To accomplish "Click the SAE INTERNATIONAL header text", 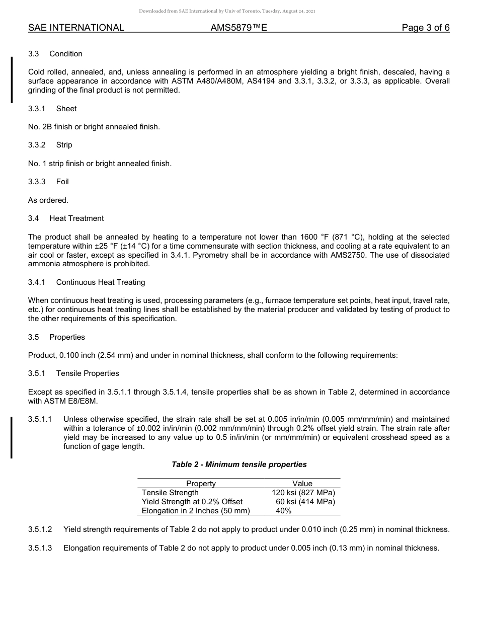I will pos(76,28).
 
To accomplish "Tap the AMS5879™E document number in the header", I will pos(238,28).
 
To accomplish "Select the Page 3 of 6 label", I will pos(425,28).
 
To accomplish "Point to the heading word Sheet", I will pos(66,109).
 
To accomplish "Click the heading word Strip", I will pos(64,145).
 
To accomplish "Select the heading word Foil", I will pos(62,182).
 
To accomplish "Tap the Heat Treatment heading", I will pos(76,218).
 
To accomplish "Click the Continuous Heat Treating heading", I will pos(101,282).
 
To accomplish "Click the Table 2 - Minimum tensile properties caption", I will pos(239,465).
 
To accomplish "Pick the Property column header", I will pos(201,484).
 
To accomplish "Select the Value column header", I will pos(302,484).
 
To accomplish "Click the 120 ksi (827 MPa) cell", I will pos(303,493).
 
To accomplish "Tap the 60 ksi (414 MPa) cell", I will pos(305,502).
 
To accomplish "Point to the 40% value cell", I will pos(284,511).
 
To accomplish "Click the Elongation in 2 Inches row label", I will pos(196,511).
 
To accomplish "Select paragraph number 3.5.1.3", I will pos(40,548).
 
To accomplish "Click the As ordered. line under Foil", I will pos(48,200).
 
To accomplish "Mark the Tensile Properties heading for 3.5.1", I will pos(88,373).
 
